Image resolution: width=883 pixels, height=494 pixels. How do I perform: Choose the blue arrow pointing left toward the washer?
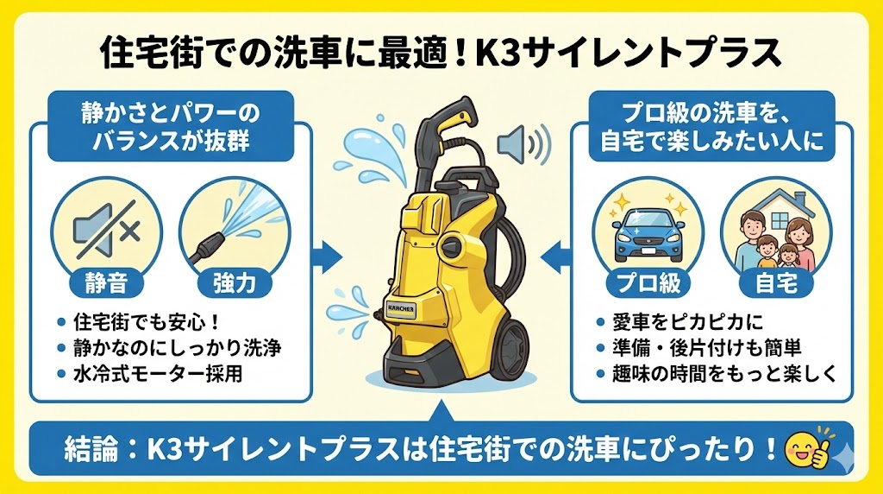[557, 254]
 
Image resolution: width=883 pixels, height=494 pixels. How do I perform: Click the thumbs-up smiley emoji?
[799, 448]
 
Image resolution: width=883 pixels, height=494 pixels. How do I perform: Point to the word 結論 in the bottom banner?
[95, 449]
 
